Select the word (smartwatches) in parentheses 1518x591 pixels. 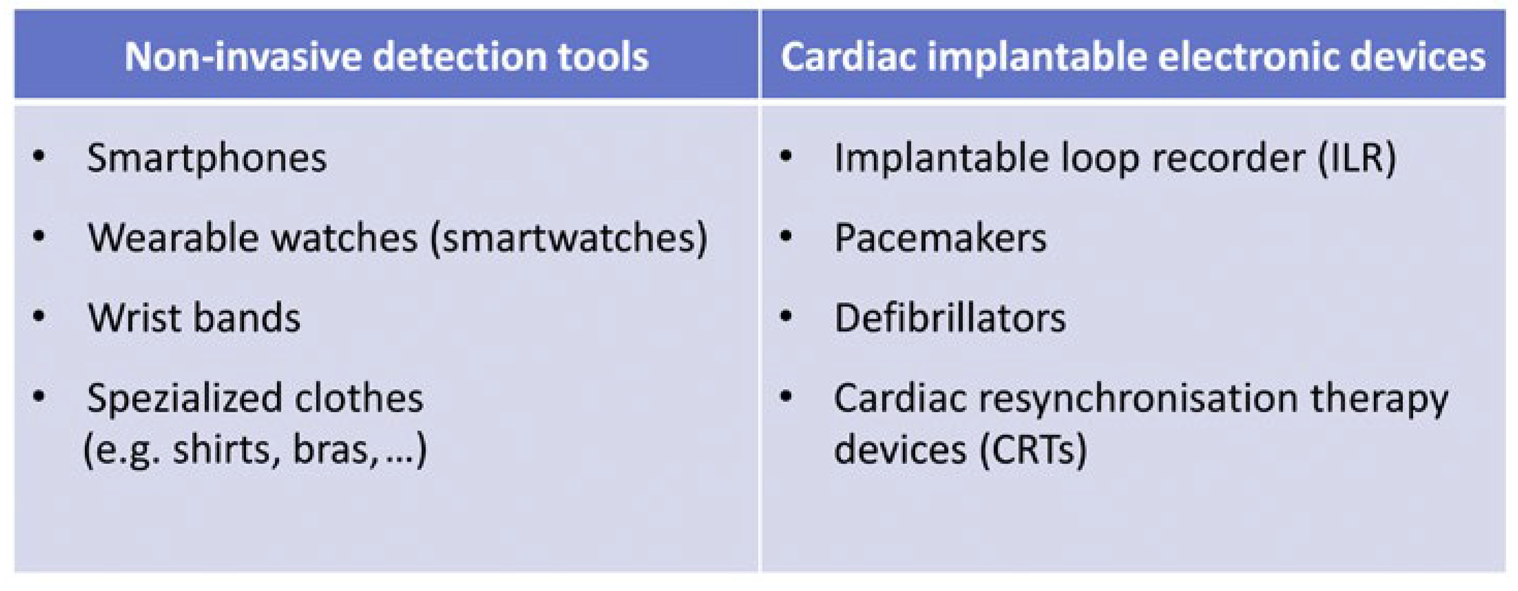[569, 239]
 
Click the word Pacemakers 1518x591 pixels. [941, 238]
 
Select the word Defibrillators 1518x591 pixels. [950, 318]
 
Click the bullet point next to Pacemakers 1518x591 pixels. [786, 237]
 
